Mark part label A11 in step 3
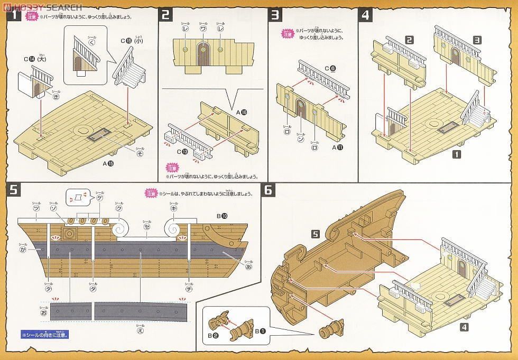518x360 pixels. pyautogui.click(x=338, y=146)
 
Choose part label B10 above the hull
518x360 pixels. pyautogui.click(x=222, y=216)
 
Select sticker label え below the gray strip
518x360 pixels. pyautogui.click(x=140, y=331)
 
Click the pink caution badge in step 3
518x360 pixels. pyautogui.click(x=288, y=34)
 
